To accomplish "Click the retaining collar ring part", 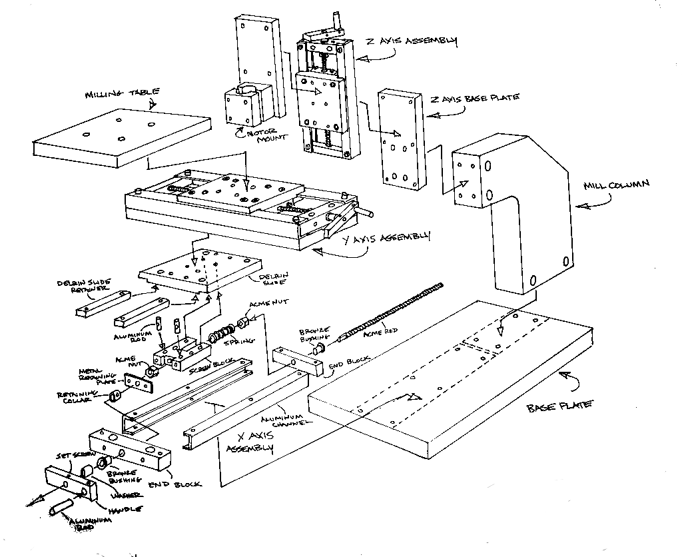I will (115, 396).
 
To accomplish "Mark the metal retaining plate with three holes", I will (139, 384).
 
